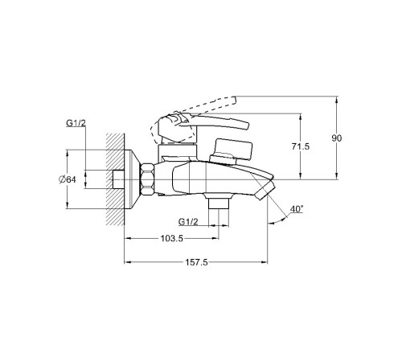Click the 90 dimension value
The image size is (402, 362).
tap(337, 138)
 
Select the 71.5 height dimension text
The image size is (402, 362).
tap(301, 146)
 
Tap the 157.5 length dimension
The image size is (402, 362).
tap(197, 262)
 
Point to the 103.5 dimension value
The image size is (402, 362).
tap(172, 238)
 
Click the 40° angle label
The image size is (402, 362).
tap(297, 209)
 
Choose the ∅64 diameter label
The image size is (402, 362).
tap(68, 179)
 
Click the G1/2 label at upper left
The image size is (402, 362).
tap(76, 123)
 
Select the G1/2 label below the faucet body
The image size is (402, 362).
tap(188, 222)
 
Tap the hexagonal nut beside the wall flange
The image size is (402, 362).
tap(147, 179)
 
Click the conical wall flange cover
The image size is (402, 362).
tap(133, 179)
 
